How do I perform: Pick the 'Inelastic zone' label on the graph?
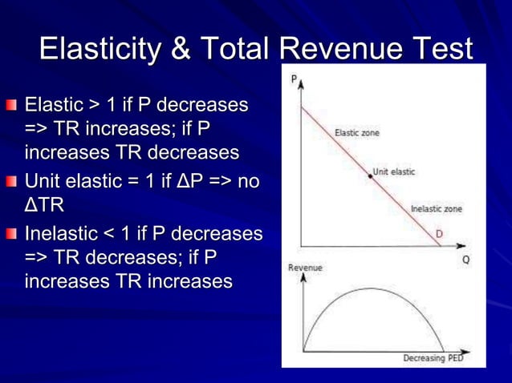point(436,208)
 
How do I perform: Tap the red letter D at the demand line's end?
point(440,233)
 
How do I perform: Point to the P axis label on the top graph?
point(295,78)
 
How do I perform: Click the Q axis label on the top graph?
point(466,260)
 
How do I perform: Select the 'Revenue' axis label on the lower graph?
point(305,268)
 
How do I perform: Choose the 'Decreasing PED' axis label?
point(433,358)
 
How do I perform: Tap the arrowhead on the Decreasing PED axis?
point(469,351)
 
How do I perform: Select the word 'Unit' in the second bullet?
point(46,182)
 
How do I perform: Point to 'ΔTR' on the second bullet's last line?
point(44,206)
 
